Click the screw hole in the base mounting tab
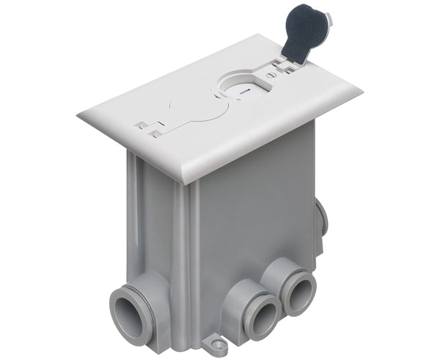(x=213, y=341)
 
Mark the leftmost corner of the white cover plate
(x=78, y=116)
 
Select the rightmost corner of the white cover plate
(x=361, y=92)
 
